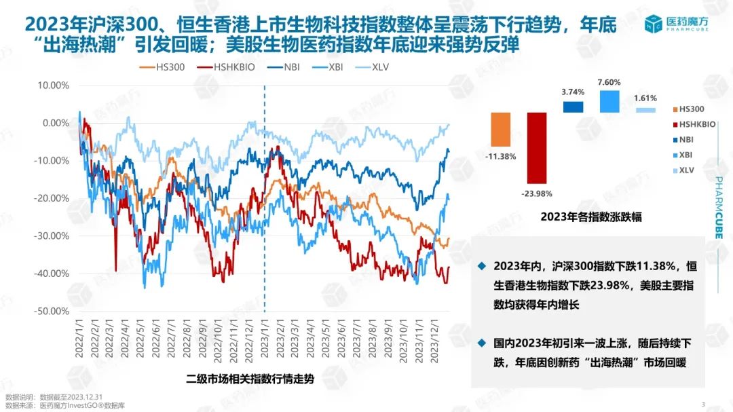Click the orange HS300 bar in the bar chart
click(x=501, y=129)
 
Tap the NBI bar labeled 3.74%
click(x=573, y=107)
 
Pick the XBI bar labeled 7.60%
click(x=609, y=101)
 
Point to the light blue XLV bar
click(x=645, y=109)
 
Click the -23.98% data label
click(x=536, y=193)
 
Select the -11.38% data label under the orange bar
click(x=501, y=156)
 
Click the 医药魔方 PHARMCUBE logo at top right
click(x=675, y=24)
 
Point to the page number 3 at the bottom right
click(x=702, y=405)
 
